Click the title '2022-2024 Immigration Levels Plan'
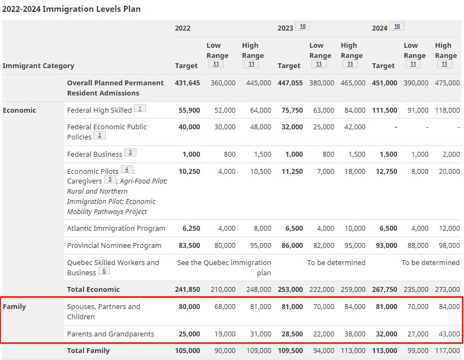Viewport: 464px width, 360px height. coord(71,9)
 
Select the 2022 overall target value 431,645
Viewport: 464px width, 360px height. coord(187,83)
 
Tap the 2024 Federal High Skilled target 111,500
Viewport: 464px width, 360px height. coord(385,110)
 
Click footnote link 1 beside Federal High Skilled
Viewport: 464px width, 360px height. coord(140,108)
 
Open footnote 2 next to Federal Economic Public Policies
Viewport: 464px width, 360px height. coord(99,135)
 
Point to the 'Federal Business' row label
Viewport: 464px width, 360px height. coord(95,154)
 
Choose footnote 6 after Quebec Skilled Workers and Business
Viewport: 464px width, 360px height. coord(104,271)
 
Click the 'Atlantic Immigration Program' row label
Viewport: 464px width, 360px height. coord(116,228)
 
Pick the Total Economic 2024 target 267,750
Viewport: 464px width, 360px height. coord(385,289)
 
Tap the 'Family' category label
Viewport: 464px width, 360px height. coord(14,306)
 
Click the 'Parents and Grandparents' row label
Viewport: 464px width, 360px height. coord(110,334)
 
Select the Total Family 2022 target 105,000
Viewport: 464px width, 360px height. coord(187,350)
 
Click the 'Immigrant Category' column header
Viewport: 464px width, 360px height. coord(38,65)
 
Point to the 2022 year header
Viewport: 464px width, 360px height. coord(183,28)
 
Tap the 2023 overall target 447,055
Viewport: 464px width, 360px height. coord(290,83)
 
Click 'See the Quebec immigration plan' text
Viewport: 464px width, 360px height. coord(224,267)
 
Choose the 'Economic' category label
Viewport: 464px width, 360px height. coord(19,110)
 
